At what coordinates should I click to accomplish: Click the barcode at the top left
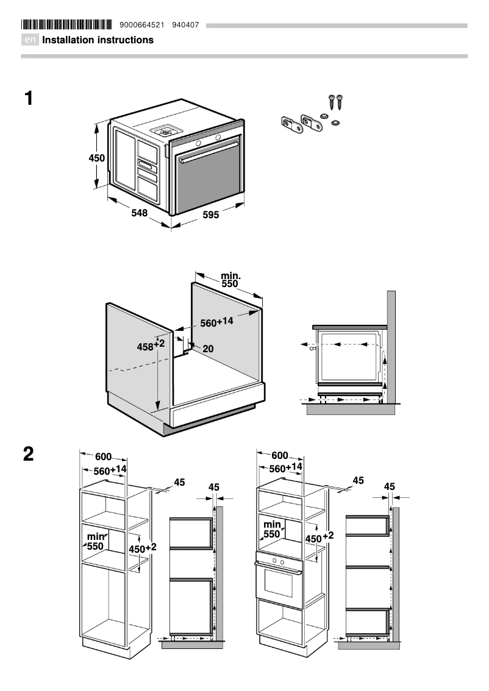pos(66,25)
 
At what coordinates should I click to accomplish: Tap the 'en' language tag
pos(30,40)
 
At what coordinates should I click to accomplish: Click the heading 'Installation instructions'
pos(98,40)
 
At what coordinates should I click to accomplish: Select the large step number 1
pos(29,98)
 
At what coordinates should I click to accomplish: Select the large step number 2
pos(29,454)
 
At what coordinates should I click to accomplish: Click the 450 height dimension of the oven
pos(97,158)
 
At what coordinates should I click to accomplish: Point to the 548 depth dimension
pos(140,213)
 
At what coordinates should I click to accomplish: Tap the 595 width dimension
pos(211,214)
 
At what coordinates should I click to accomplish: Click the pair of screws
pos(337,101)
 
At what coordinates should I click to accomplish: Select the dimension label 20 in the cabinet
pos(208,349)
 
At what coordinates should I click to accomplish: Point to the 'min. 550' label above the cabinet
pos(230,280)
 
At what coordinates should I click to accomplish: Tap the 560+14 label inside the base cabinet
pos(216,322)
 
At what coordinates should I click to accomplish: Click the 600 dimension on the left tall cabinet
pos(103,456)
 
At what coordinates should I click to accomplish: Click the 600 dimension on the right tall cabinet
pos(280,456)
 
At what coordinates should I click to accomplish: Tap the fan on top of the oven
pos(165,130)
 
